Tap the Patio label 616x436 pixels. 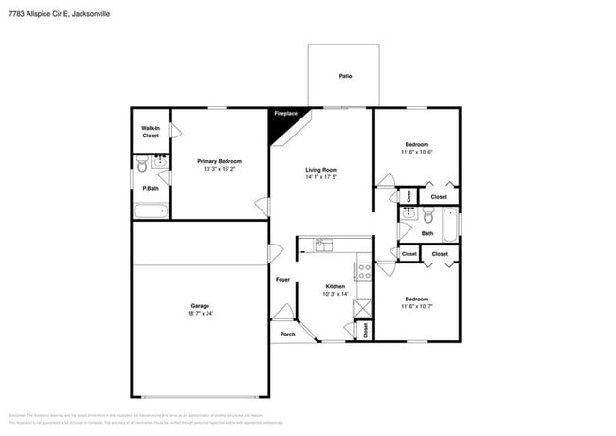tap(346, 75)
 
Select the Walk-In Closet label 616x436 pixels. tap(151, 132)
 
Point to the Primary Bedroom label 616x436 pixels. tap(219, 161)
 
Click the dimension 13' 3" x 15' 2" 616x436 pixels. tap(219, 170)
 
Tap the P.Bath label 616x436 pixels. tap(150, 189)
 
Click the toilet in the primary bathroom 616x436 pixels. tap(142, 167)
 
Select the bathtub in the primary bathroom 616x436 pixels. tap(150, 210)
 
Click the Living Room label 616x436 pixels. tap(322, 168)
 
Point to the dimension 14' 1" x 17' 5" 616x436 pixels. tap(322, 177)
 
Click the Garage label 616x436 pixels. tap(200, 306)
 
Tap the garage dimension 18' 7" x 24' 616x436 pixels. tap(200, 315)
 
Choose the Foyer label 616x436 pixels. tap(282, 280)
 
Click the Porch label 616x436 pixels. tap(287, 334)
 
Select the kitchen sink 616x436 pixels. tap(322, 245)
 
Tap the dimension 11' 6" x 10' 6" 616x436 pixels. tap(417, 153)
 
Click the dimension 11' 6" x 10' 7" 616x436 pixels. tap(417, 306)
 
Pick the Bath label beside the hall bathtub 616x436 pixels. tap(427, 233)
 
